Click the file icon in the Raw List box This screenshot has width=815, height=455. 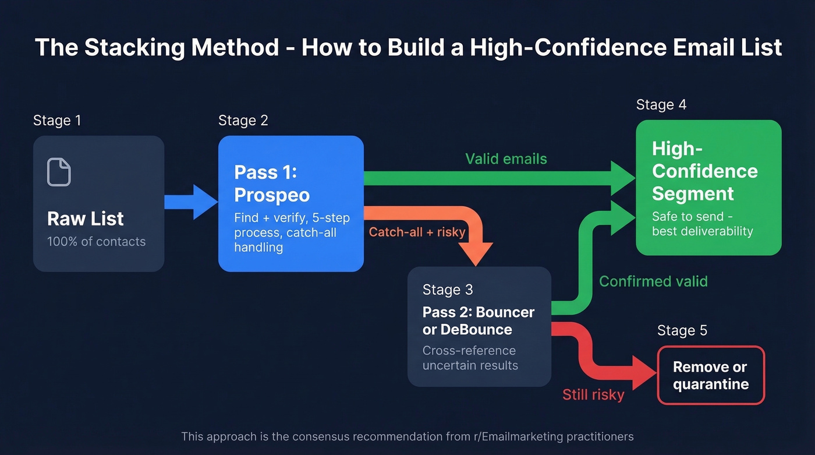click(x=59, y=172)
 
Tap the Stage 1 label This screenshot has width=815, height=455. click(x=57, y=121)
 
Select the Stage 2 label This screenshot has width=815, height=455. click(x=243, y=121)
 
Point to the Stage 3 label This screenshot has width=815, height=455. click(x=448, y=290)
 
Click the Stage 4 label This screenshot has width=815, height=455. click(x=661, y=105)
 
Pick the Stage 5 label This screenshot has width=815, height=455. click(x=682, y=331)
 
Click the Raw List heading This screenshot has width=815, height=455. click(x=86, y=218)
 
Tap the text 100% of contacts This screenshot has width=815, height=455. click(x=96, y=241)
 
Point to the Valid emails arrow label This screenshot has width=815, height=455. click(x=506, y=158)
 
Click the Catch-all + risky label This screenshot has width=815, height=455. click(x=417, y=232)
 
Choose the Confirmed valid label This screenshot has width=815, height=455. click(x=653, y=281)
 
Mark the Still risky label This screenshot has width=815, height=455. click(x=593, y=394)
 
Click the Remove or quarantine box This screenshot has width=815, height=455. click(x=710, y=376)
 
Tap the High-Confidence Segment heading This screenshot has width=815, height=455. click(x=704, y=171)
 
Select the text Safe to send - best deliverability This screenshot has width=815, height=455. click(x=702, y=224)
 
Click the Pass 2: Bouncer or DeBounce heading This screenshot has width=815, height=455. click(x=478, y=320)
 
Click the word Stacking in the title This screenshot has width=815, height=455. click(x=131, y=48)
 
